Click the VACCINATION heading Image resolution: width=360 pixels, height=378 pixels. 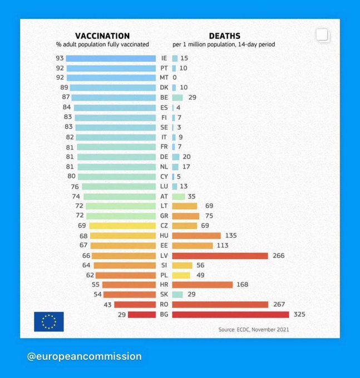click(102, 36)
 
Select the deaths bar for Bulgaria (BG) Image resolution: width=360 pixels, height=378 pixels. click(231, 315)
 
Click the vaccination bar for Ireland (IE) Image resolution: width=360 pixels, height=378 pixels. click(111, 58)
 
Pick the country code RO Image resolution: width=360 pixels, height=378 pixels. click(164, 305)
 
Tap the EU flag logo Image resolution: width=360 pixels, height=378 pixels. click(49, 321)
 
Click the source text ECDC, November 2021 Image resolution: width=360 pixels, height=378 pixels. click(253, 330)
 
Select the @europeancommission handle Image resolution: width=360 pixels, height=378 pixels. click(84, 356)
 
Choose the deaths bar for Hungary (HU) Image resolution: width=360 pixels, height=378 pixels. click(196, 236)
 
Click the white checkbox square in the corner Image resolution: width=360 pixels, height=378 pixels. click(322, 35)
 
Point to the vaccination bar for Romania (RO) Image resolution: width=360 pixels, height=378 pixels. click(135, 305)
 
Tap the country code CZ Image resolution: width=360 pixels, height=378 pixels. click(164, 226)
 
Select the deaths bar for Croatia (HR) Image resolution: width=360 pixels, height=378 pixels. click(203, 285)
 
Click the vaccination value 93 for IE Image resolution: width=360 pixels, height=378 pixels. click(59, 58)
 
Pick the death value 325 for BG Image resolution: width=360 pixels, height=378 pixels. click(299, 315)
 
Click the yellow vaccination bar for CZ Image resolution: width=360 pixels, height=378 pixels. click(122, 226)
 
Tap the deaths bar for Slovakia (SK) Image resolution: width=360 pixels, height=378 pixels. click(177, 295)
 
